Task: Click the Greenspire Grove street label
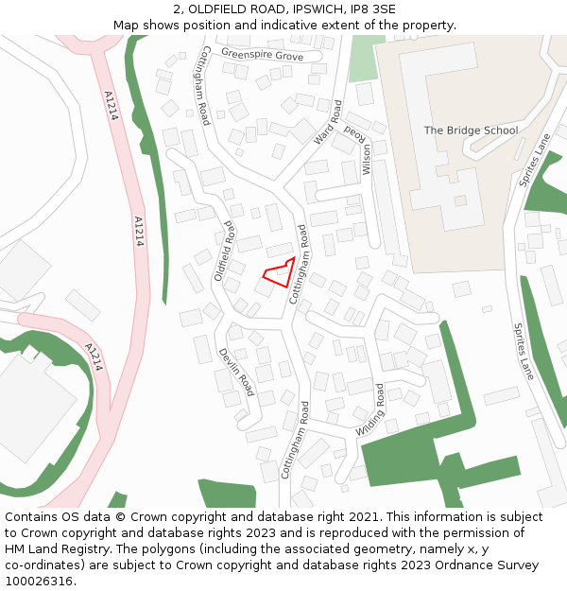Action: click(x=263, y=56)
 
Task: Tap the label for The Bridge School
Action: click(x=471, y=130)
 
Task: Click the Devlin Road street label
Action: click(x=236, y=372)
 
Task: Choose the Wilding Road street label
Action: click(x=371, y=409)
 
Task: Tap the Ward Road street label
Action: click(x=327, y=122)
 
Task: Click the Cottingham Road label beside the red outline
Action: click(x=299, y=263)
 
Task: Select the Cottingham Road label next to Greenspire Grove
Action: click(x=201, y=85)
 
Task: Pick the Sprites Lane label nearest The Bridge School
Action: click(x=536, y=159)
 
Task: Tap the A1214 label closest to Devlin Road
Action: click(x=94, y=356)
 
